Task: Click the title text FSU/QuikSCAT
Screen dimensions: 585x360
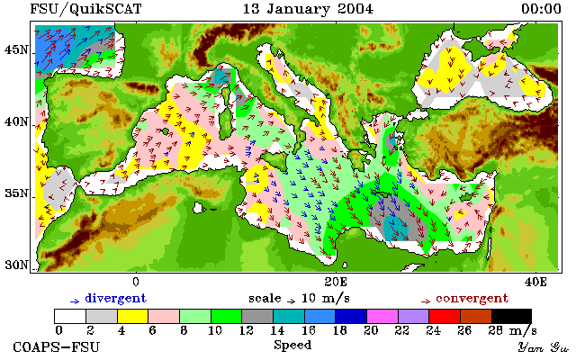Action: click(85, 9)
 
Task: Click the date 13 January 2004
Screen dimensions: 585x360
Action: click(308, 9)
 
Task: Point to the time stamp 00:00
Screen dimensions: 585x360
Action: click(541, 9)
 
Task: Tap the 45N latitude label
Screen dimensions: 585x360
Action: click(16, 49)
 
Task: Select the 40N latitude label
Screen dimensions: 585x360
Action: click(16, 121)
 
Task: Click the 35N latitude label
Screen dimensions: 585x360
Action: click(16, 193)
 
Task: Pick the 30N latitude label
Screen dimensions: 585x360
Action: click(16, 265)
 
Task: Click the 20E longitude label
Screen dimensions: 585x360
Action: click(336, 282)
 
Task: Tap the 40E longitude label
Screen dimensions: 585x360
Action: click(535, 282)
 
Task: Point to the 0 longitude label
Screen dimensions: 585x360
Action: click(136, 282)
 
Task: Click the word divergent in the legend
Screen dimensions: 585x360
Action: click(116, 299)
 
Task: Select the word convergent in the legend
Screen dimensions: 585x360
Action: click(472, 299)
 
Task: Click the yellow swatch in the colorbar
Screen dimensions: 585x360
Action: click(133, 317)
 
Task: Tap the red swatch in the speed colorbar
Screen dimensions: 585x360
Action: click(445, 317)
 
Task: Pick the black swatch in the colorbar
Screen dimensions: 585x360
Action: click(511, 317)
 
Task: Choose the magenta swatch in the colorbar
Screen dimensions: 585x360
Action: click(382, 317)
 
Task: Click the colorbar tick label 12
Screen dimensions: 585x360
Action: click(247, 331)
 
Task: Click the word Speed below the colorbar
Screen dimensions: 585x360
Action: click(292, 346)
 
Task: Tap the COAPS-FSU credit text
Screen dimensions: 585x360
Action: click(57, 347)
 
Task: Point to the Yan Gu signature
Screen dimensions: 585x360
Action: click(544, 348)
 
